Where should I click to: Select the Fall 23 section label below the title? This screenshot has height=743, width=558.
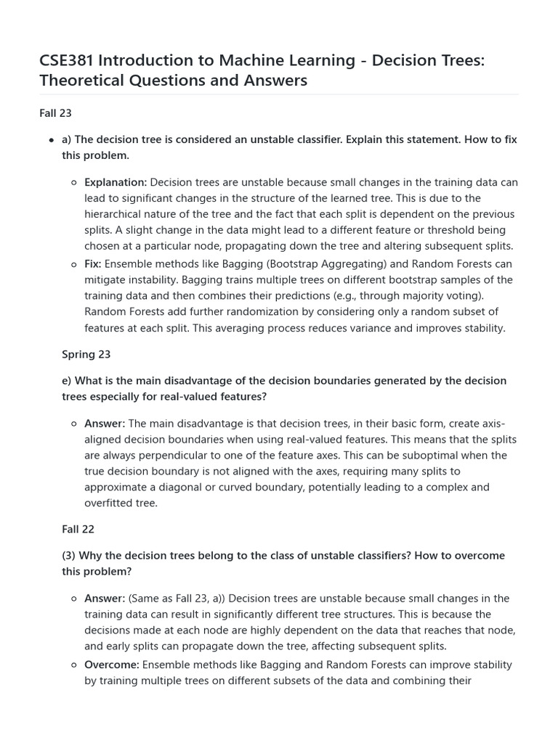(55, 113)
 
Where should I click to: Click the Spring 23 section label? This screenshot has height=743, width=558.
(86, 354)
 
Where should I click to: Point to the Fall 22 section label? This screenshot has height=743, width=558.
(78, 529)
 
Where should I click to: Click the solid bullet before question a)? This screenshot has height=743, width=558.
(51, 140)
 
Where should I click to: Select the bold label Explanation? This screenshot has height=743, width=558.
(116, 182)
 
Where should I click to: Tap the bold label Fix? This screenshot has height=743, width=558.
(93, 264)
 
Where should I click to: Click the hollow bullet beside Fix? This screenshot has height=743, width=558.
(74, 265)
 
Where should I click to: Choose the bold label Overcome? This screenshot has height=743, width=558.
(112, 665)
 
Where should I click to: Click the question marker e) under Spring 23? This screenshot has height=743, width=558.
(67, 380)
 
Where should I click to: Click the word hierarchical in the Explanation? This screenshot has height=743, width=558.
(116, 214)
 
